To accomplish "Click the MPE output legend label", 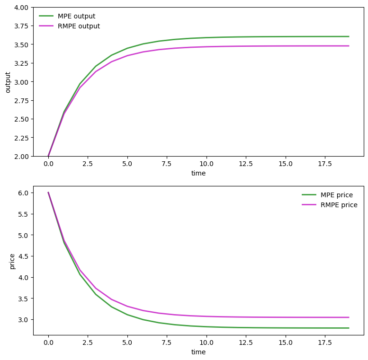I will tap(76, 16).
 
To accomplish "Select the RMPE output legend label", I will tap(79, 26).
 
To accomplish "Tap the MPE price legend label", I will tap(337, 195).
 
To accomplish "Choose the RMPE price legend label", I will tap(339, 205).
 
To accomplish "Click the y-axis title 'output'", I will tap(8, 82).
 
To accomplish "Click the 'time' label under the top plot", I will tap(198, 173).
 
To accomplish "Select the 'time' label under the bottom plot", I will tap(198, 352).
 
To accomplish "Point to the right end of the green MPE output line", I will tap(349, 36).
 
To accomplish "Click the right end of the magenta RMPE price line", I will tap(349, 317).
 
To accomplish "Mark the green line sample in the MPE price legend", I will tap(308, 195).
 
